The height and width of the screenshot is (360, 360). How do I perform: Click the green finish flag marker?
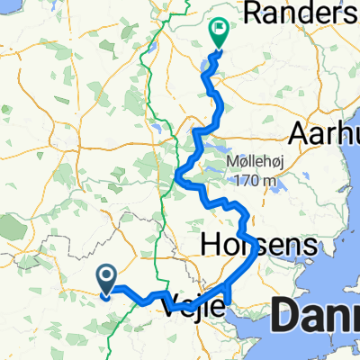coord(218,32)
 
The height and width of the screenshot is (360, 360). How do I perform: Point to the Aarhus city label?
coord(323,133)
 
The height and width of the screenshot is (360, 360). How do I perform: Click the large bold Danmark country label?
coord(314,316)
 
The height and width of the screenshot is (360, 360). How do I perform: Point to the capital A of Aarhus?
coord(298,133)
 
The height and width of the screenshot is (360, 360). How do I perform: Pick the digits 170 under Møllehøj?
coord(244,182)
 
